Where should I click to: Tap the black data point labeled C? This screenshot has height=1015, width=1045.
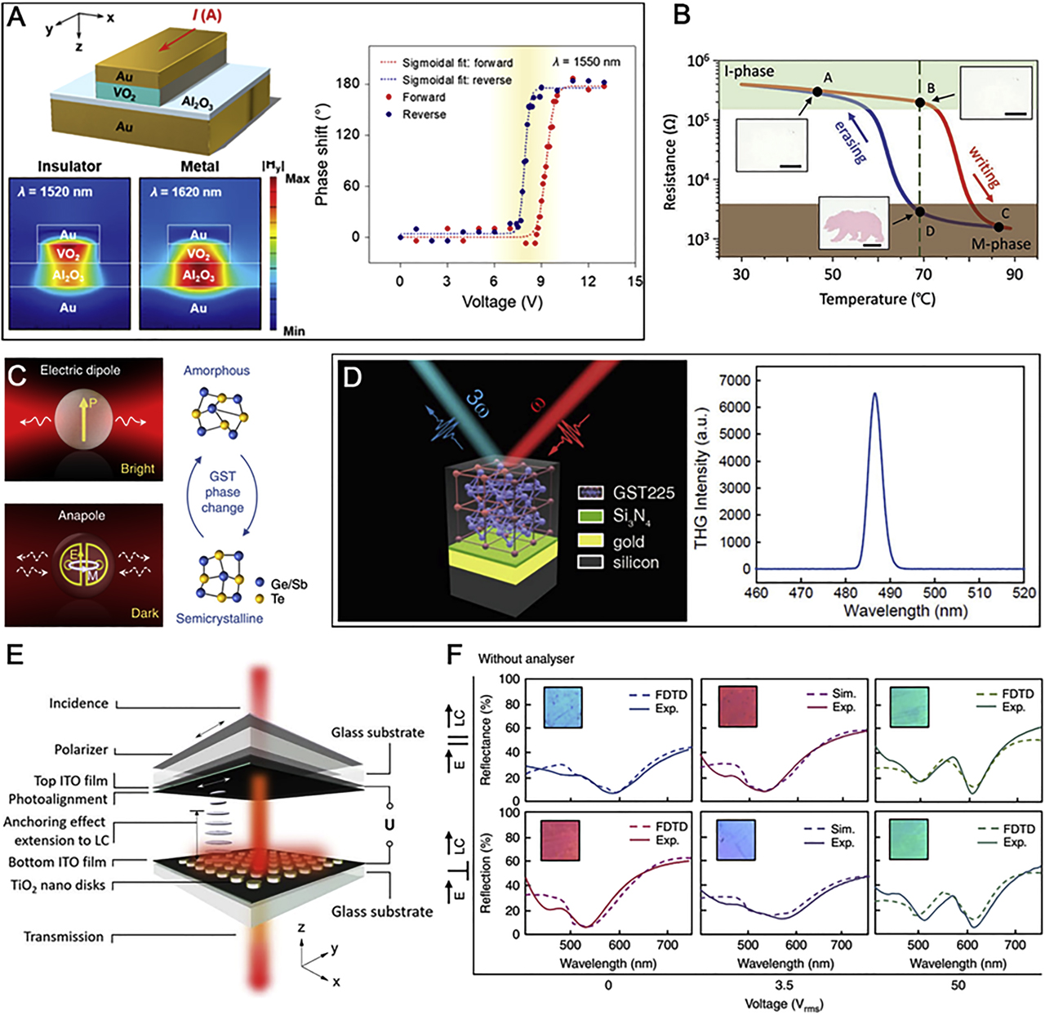tap(998, 227)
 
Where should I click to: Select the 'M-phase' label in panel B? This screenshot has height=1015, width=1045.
tap(1000, 244)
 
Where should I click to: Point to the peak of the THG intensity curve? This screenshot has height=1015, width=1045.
tap(875, 394)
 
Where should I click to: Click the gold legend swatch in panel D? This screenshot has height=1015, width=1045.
tap(589, 541)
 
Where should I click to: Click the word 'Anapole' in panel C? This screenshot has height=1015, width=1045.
tap(81, 515)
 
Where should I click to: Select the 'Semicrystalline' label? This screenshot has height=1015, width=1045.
tap(220, 619)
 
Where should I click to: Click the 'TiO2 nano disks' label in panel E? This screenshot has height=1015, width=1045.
tap(57, 885)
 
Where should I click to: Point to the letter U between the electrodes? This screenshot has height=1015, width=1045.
tap(389, 825)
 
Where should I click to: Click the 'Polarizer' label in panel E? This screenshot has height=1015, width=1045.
tap(81, 750)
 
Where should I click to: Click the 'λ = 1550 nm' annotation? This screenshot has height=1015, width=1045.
tap(586, 62)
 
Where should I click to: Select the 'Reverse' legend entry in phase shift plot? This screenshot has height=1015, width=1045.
tap(424, 114)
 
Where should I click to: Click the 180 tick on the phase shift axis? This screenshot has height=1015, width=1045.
tap(349, 83)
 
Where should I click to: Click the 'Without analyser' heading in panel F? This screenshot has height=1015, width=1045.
tap(526, 658)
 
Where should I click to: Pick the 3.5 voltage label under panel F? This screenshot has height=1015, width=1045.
tap(783, 985)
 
